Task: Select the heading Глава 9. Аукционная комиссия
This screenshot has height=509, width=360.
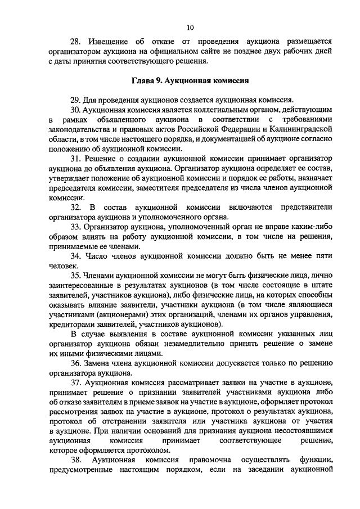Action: click(191, 80)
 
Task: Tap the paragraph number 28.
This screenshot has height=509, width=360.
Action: click(75, 42)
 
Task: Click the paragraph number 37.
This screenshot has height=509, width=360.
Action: click(75, 383)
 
